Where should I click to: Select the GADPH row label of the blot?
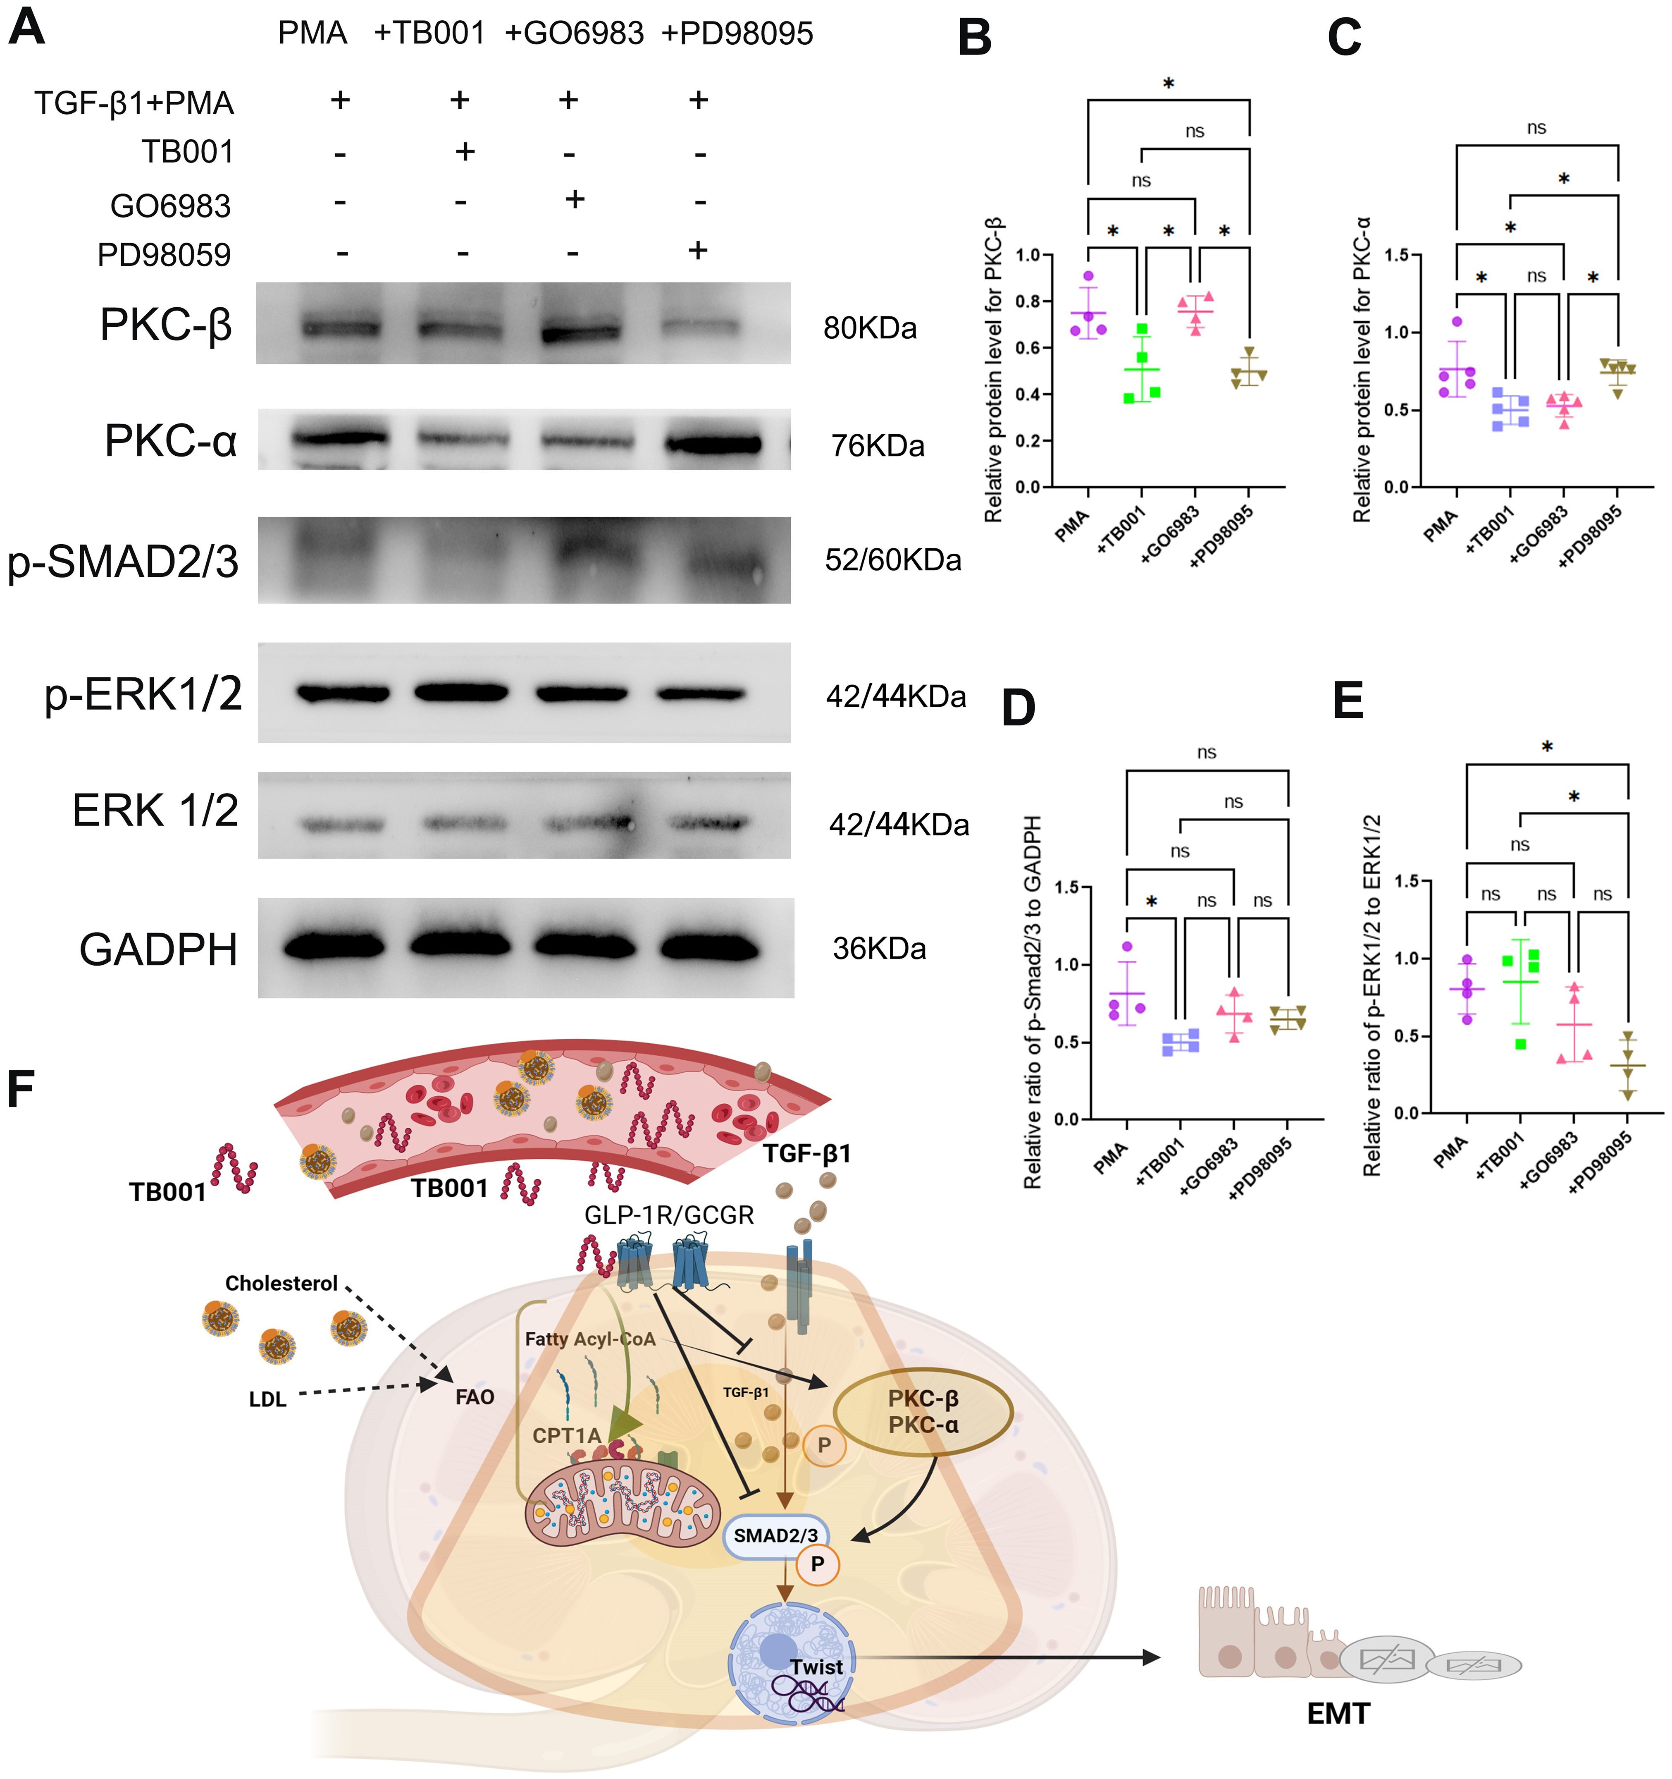click(x=158, y=949)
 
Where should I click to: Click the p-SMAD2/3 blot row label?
click(x=124, y=561)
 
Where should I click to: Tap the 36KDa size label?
click(x=878, y=949)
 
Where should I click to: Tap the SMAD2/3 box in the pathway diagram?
click(x=775, y=1535)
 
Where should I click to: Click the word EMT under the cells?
click(x=1338, y=1714)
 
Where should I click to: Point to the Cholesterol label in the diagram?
click(x=281, y=1283)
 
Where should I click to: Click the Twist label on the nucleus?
click(x=816, y=1667)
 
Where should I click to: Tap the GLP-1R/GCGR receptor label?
click(x=668, y=1215)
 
